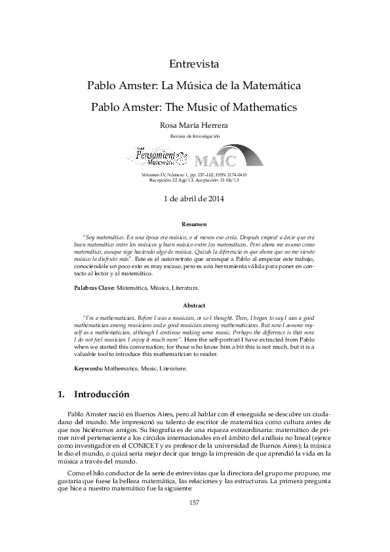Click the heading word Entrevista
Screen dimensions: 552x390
[195, 64]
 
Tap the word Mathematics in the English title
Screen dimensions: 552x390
[265, 106]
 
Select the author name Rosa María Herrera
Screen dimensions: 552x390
[195, 125]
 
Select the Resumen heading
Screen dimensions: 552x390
[194, 224]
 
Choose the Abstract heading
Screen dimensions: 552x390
[194, 306]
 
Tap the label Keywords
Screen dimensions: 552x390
[88, 368]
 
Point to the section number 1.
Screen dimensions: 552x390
[62, 395]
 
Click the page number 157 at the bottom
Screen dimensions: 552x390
[194, 503]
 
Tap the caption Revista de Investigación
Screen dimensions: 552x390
[195, 136]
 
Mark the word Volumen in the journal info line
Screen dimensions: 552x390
[153, 175]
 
